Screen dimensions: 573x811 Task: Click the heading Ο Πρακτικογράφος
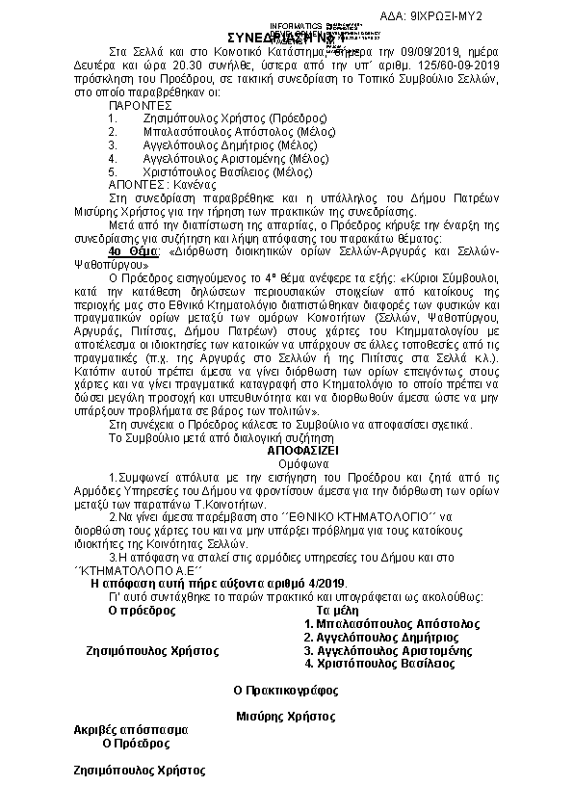[286, 691]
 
